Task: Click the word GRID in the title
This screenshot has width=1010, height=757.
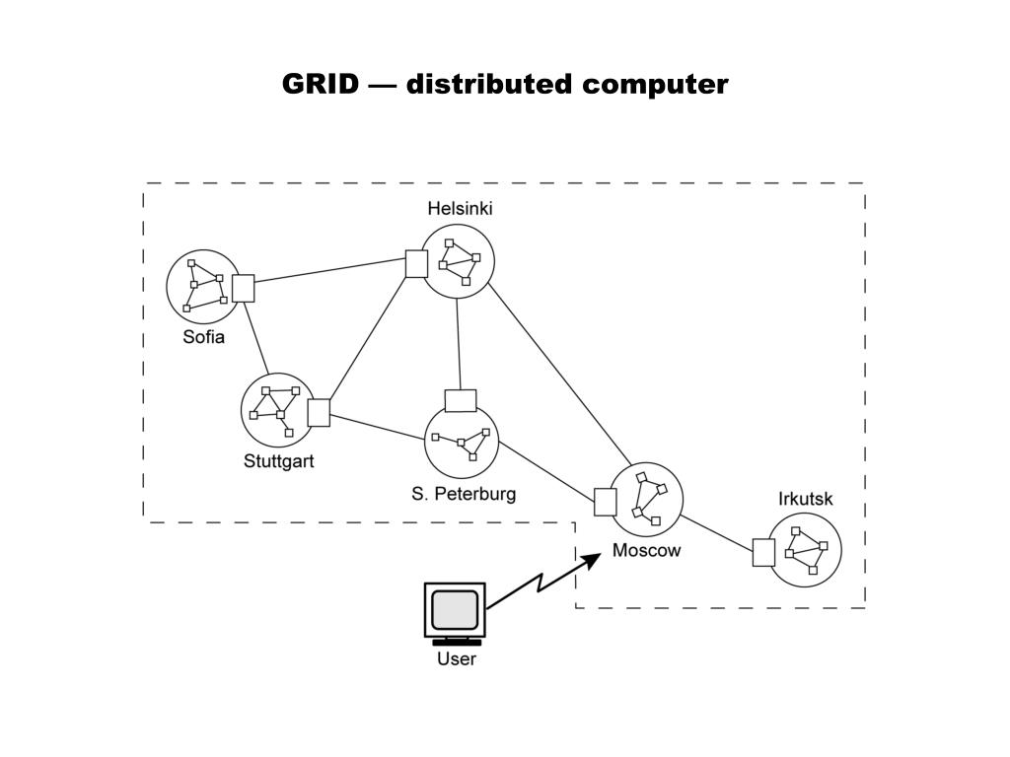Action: point(321,84)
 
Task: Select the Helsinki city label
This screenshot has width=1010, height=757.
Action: point(460,208)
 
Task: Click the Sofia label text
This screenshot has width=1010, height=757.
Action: point(203,337)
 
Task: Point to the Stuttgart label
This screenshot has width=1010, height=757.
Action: point(278,460)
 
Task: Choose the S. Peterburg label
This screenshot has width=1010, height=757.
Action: point(464,493)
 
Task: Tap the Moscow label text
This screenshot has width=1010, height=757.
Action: point(646,550)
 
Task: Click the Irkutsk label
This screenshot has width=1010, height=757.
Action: point(805,499)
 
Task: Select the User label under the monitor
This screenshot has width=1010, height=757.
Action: point(456,658)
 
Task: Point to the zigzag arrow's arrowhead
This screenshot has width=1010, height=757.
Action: point(592,560)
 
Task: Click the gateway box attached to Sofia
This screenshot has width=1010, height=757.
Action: point(243,288)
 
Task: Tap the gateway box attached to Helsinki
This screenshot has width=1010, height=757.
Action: point(416,264)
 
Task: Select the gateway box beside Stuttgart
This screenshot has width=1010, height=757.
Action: point(319,412)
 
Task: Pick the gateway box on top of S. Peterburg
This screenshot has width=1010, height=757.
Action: point(461,400)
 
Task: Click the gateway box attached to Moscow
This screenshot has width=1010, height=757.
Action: point(605,502)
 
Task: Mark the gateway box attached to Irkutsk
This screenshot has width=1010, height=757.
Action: point(762,553)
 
